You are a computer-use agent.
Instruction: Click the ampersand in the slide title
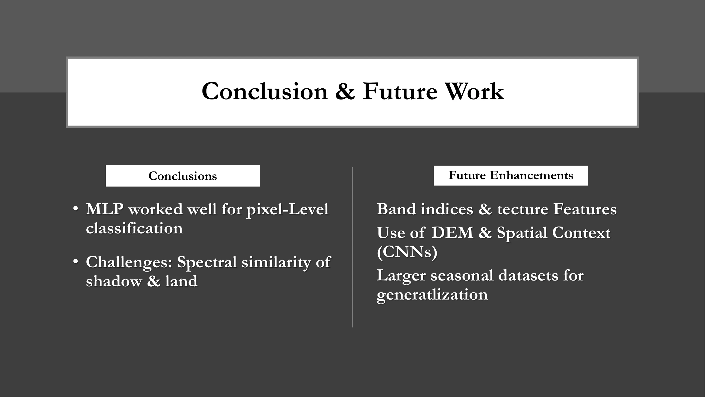[x=345, y=91]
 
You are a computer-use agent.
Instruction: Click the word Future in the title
[x=400, y=91]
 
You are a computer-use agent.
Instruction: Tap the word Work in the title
[x=474, y=91]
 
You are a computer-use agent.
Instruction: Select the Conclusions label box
[x=183, y=176]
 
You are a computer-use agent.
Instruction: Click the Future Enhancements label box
[x=511, y=175]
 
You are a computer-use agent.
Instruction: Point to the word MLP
[x=104, y=209]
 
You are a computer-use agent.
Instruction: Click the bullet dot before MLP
[x=76, y=209]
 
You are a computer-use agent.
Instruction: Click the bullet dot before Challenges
[x=76, y=262]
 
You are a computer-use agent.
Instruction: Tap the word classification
[x=134, y=228]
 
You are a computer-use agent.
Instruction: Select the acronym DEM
[x=452, y=233]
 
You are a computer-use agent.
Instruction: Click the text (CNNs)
[x=407, y=252]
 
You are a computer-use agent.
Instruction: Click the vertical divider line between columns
[x=352, y=247]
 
